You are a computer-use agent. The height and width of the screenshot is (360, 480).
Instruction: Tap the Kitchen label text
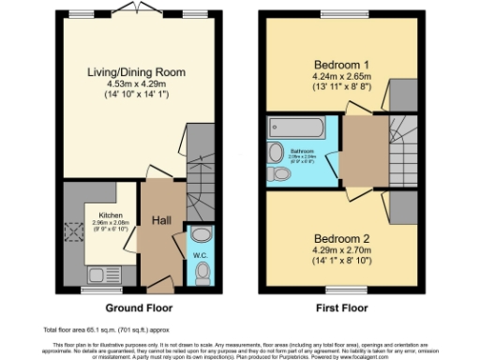[x=111, y=214]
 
